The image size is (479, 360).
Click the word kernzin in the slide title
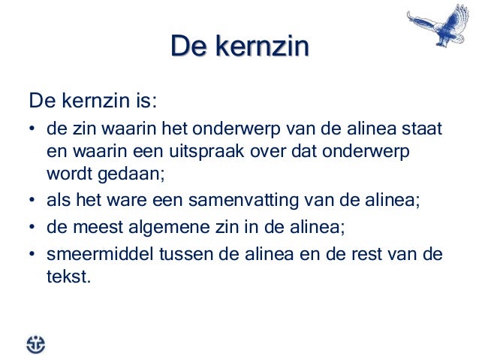point(261,47)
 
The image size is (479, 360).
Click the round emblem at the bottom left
point(35,343)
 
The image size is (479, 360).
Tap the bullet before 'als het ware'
point(33,201)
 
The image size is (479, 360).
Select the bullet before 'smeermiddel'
point(33,255)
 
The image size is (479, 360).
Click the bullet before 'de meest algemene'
point(33,228)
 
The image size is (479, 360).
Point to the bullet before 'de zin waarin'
point(33,129)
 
